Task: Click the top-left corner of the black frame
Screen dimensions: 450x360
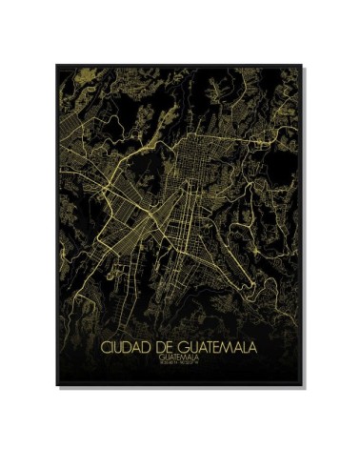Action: click(56, 65)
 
